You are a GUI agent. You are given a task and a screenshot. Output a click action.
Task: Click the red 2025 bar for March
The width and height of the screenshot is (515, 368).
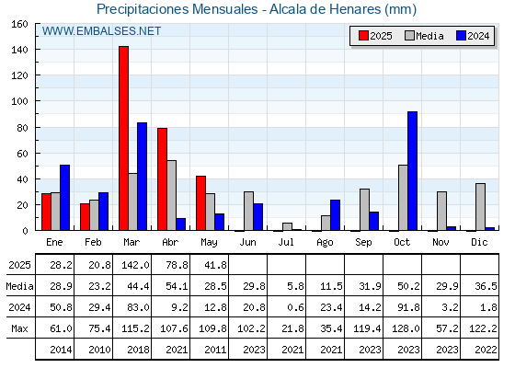click(123, 138)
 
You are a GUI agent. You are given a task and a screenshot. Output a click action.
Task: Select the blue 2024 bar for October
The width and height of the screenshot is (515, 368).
click(412, 171)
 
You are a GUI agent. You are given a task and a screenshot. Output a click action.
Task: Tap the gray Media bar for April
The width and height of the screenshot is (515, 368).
click(171, 195)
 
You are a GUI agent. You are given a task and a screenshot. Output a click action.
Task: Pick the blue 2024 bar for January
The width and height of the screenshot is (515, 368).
click(64, 198)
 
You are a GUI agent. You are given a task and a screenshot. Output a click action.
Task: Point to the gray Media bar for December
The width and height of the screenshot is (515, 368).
click(480, 207)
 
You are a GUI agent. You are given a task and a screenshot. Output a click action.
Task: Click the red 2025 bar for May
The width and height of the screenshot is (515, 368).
click(200, 203)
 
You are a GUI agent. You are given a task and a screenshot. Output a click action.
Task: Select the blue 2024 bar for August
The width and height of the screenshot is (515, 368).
click(335, 215)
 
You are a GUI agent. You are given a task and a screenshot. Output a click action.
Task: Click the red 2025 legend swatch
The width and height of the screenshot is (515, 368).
click(363, 36)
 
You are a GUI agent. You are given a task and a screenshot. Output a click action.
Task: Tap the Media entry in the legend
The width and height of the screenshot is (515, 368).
click(424, 36)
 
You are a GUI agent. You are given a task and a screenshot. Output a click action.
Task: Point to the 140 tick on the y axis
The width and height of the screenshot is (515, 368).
click(37, 50)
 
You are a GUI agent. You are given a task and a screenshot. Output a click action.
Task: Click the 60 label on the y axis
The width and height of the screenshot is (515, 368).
click(22, 154)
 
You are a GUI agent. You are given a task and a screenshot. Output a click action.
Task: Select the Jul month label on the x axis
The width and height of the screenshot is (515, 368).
click(286, 242)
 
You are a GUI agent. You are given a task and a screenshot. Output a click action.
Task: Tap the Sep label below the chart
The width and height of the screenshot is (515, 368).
click(363, 243)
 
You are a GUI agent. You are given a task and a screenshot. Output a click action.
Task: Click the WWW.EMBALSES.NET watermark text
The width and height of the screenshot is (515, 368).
click(101, 31)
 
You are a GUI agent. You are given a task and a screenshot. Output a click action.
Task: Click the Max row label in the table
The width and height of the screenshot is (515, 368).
click(19, 328)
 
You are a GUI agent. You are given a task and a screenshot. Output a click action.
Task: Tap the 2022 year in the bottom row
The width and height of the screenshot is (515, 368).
click(486, 350)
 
